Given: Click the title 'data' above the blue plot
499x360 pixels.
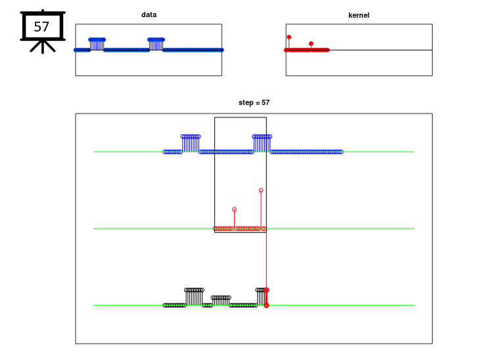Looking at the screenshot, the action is click(149, 14).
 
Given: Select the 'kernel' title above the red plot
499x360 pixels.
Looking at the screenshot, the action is click(359, 15).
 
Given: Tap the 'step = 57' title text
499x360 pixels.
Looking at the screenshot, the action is click(254, 102).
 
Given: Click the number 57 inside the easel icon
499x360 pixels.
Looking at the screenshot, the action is click(41, 27).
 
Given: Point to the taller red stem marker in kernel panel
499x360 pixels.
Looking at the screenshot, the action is click(289, 37).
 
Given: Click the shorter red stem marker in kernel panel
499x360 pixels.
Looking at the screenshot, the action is click(311, 43).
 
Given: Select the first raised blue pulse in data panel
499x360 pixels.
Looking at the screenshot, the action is click(97, 44).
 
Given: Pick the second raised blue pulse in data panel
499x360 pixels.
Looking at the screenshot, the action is click(156, 44).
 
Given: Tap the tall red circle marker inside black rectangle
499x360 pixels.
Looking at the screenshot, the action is click(261, 190).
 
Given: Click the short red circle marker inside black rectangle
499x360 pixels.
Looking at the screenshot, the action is click(234, 210).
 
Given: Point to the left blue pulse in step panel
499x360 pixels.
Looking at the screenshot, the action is click(191, 143).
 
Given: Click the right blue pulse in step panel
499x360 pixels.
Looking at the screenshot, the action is click(262, 143).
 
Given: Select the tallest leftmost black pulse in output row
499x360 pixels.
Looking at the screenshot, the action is click(194, 297).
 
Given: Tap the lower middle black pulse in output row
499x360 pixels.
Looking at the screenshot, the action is click(221, 300).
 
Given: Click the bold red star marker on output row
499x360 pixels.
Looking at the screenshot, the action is click(266, 290).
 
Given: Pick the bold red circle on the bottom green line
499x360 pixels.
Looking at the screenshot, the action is click(266, 305).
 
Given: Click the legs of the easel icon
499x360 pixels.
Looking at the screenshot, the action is click(43, 47).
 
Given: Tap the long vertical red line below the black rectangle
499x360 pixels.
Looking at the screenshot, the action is click(266, 260).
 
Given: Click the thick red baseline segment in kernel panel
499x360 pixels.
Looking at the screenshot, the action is click(307, 50).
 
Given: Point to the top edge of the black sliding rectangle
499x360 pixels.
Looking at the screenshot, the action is click(241, 118).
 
